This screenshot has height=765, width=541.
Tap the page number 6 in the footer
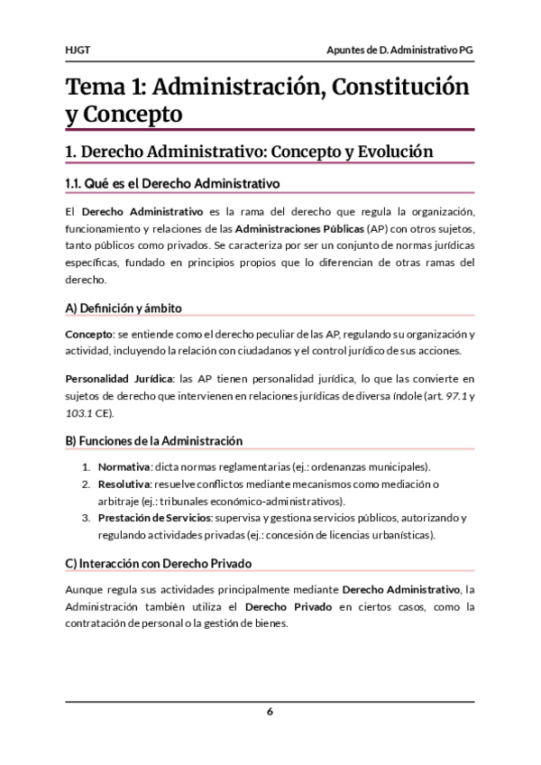(x=270, y=711)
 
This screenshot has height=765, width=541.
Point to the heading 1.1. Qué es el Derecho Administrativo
(x=173, y=183)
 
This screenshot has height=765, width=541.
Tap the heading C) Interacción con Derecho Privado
(x=158, y=563)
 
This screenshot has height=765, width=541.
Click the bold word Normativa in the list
(x=124, y=466)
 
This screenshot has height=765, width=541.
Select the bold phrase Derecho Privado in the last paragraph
(x=290, y=606)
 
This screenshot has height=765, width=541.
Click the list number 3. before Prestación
(x=87, y=518)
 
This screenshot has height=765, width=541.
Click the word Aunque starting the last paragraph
(x=85, y=589)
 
